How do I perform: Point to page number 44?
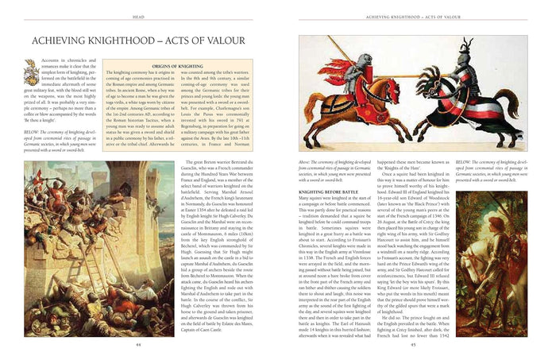[139, 344]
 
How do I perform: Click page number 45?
[413, 344]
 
